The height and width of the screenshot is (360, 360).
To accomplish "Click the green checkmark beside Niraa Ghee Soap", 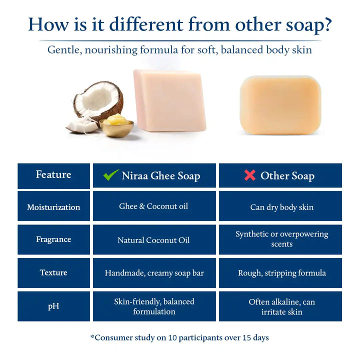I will coord(111,175).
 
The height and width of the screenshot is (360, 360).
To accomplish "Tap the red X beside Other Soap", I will coord(249,175).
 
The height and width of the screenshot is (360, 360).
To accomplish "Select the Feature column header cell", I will coord(53,175).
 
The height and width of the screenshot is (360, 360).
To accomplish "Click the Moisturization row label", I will coord(53,207).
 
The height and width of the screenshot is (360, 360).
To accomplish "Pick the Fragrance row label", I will coord(53,239).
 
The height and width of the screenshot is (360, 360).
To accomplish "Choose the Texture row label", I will coord(53,272).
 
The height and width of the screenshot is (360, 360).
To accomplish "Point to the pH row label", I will coord(53,306).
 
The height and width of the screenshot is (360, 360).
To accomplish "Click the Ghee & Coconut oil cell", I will coord(154,206).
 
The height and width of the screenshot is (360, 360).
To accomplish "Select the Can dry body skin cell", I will coord(281,207).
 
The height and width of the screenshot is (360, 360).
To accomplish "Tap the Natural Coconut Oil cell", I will coord(154,240).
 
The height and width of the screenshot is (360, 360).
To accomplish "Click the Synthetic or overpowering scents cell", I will coord(281,239).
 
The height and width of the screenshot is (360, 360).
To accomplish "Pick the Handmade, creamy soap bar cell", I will coord(154,273).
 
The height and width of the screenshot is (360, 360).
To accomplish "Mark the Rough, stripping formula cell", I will coord(281,273).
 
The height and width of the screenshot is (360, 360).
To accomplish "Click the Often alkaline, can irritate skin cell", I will coord(281,306).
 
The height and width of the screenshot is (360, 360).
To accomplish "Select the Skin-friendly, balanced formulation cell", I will coord(154,306).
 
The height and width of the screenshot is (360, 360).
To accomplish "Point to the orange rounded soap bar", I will coord(280,105).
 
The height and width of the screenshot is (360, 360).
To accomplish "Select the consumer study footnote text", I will coord(179,337).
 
